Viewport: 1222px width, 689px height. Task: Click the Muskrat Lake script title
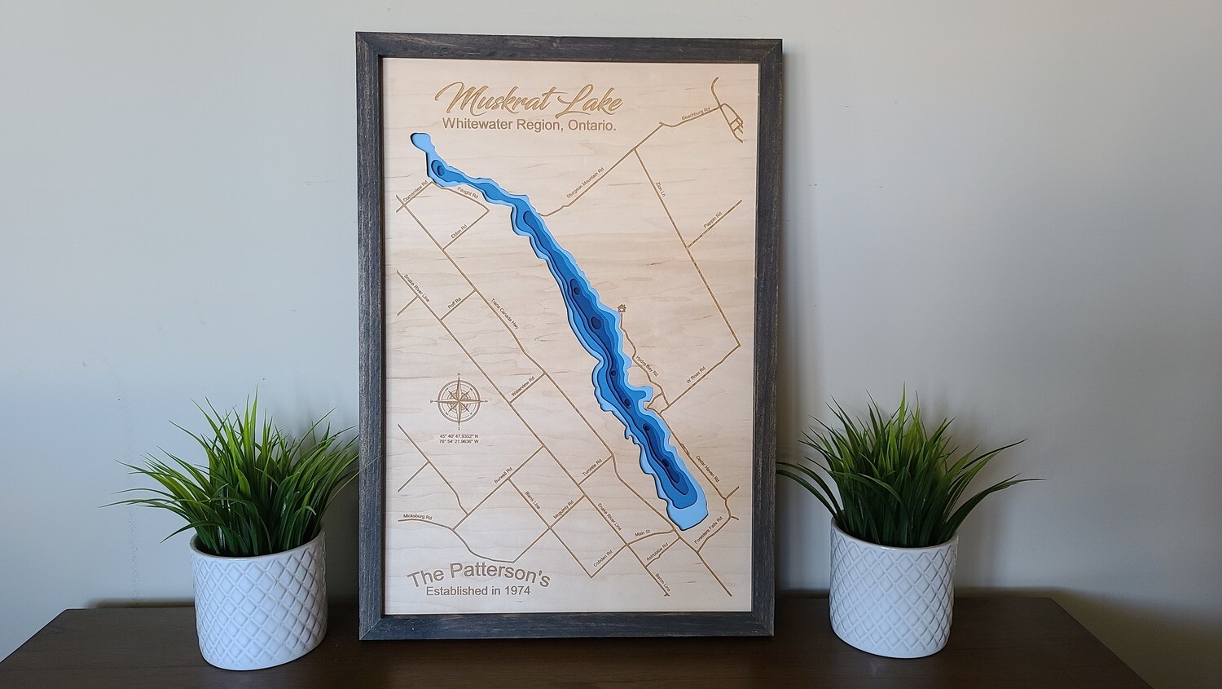[x=530, y=101]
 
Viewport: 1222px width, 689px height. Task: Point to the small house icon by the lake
[x=622, y=308]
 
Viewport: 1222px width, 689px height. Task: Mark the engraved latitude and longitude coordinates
[x=459, y=441]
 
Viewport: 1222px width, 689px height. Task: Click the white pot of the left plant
[x=258, y=598]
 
